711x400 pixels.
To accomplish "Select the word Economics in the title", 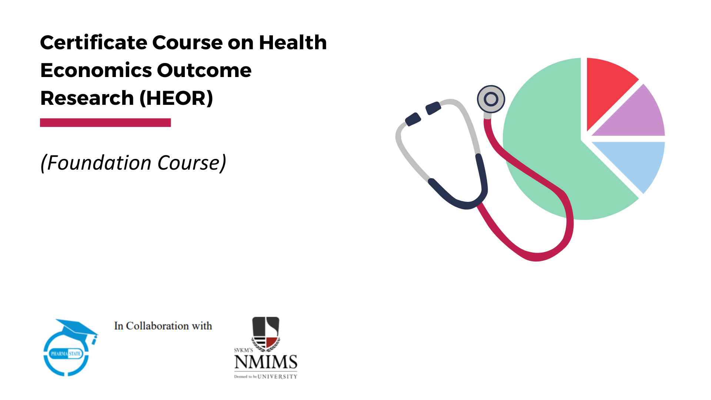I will point(96,70).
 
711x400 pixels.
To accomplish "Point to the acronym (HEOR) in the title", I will point(176,98).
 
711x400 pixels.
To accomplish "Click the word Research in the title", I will point(87,98).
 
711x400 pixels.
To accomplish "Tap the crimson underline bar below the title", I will point(105,123).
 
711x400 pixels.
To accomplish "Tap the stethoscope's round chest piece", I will point(491,99).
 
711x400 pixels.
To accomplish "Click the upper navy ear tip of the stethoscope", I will point(433,108).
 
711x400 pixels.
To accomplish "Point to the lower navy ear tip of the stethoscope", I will point(413,119).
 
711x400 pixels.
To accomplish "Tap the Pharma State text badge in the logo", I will point(66,354).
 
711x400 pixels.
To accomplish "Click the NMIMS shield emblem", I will point(266,333).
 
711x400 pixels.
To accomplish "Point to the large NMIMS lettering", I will point(266,362).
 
